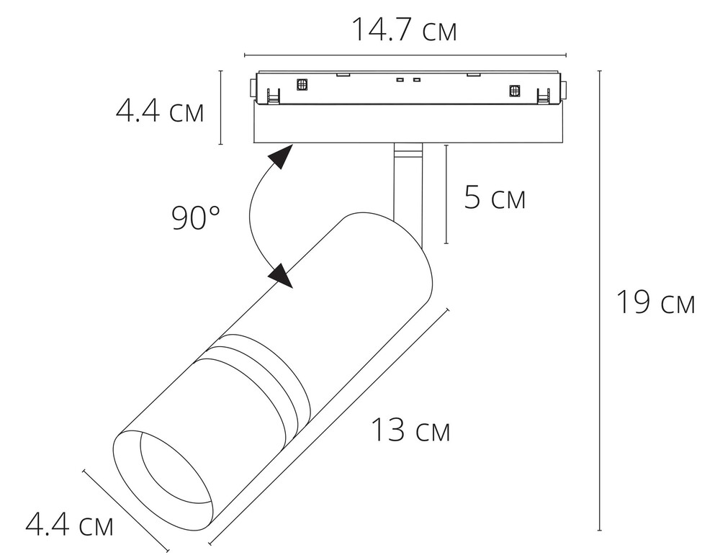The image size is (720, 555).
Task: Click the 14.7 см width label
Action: click(x=404, y=30)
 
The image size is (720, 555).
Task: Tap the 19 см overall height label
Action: click(x=655, y=302)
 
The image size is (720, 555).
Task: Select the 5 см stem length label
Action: click(x=495, y=197)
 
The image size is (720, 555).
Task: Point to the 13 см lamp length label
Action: click(x=411, y=430)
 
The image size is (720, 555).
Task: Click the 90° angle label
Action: click(x=196, y=217)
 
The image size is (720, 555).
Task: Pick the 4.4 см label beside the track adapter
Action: click(x=159, y=111)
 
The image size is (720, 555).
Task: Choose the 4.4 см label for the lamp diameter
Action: click(x=69, y=525)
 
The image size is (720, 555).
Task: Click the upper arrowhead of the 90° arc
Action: click(x=281, y=156)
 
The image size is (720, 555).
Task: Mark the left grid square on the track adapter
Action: click(x=302, y=84)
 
